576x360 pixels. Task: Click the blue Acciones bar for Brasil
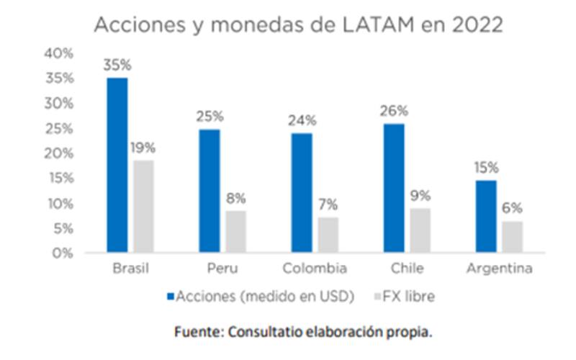(x=117, y=166)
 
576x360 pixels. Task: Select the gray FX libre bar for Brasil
(x=143, y=207)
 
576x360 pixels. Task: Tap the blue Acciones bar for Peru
(x=210, y=191)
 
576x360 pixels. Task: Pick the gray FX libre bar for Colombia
(x=328, y=235)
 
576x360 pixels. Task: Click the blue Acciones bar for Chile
(x=395, y=188)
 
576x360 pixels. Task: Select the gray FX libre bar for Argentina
(x=513, y=237)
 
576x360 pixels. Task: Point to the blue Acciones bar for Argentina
(x=487, y=217)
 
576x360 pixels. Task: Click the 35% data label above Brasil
(x=117, y=65)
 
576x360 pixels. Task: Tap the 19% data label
(x=143, y=148)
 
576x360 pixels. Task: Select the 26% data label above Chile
(x=395, y=111)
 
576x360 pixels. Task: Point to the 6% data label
(x=513, y=209)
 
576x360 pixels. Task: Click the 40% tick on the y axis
(x=58, y=53)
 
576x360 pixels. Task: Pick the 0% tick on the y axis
(x=62, y=253)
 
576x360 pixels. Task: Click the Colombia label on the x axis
(x=315, y=269)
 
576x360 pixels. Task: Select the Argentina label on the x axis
(x=500, y=269)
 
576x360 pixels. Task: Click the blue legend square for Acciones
(x=171, y=296)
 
